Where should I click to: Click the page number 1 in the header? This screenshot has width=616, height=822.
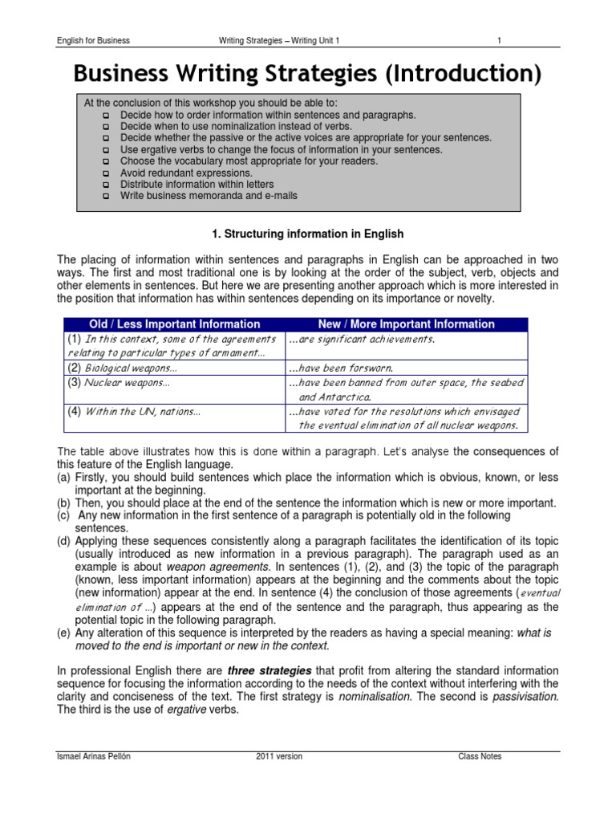[x=499, y=40]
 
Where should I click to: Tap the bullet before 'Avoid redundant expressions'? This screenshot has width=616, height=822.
[x=106, y=173]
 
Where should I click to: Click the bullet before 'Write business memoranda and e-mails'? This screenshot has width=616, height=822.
[x=106, y=196]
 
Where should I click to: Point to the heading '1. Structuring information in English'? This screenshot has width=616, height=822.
[x=307, y=234]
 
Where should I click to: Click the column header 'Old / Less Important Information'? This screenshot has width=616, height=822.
[x=174, y=324]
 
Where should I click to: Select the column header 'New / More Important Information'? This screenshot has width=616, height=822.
[x=407, y=324]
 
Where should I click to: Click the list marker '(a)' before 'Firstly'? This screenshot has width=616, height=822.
[x=63, y=478]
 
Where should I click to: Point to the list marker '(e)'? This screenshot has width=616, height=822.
[x=63, y=633]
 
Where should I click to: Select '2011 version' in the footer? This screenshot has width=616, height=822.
[x=279, y=757]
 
